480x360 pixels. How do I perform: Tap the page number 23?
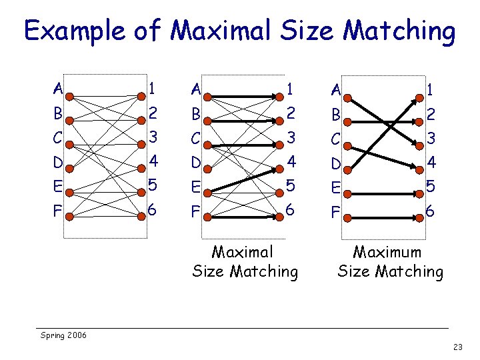point(457,347)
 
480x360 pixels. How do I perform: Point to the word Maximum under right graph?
point(387,253)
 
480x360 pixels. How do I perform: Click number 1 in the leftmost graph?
point(153,88)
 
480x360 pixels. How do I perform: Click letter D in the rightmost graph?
point(337,162)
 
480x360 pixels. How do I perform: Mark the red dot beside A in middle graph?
point(207,97)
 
